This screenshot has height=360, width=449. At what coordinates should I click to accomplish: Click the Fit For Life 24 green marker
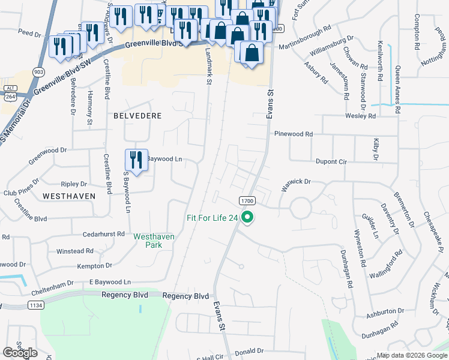(x=247, y=218)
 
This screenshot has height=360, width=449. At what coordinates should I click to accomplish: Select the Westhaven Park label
(x=154, y=241)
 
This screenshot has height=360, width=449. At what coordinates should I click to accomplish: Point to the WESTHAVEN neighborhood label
(x=67, y=196)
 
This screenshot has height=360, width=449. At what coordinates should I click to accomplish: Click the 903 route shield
(x=39, y=72)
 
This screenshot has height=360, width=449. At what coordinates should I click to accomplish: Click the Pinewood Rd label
(x=294, y=134)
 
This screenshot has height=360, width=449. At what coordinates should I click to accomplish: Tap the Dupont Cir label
(x=331, y=161)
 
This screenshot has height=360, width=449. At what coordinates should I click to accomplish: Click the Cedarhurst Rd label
(x=104, y=233)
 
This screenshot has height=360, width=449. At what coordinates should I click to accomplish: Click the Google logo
(x=20, y=353)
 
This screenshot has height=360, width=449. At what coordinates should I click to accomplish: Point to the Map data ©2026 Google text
(x=412, y=355)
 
